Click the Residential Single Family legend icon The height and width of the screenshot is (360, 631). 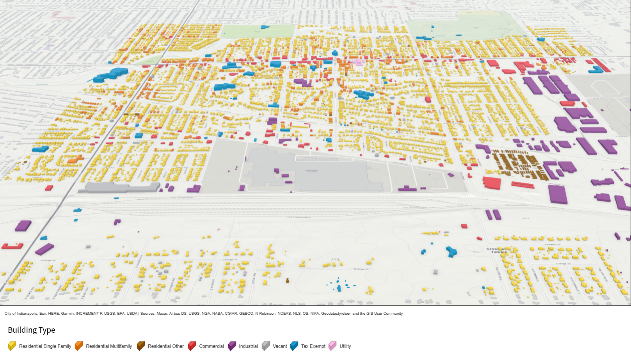12,346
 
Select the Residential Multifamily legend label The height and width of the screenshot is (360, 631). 109,346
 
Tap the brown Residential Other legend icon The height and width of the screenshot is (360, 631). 141,346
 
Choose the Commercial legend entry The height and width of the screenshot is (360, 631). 211,346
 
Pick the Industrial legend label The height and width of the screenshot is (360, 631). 248,346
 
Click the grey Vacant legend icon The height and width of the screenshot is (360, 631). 266,346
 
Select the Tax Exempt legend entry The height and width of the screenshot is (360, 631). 313,346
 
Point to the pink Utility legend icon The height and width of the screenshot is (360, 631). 332,346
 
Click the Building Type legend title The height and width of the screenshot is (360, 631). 32,330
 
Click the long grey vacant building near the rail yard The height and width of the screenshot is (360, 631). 119,188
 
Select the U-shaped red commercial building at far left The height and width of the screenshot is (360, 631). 12,246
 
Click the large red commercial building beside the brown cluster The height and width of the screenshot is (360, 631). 492,183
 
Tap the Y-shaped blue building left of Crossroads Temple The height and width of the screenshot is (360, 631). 451,251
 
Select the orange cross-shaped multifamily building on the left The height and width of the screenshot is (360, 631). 75,159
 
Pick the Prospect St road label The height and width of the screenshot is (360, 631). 552,245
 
